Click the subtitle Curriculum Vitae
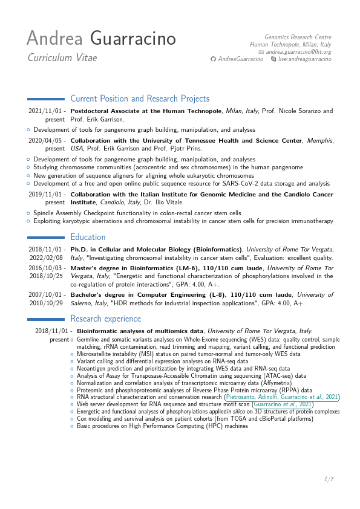(x=62, y=58)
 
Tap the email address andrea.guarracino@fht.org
(x=299, y=52)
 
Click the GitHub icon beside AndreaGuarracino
(x=212, y=59)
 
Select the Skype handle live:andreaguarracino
(x=305, y=59)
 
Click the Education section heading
(x=88, y=237)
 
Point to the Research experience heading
(x=105, y=319)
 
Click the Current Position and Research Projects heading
(x=140, y=99)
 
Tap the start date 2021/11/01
(x=47, y=111)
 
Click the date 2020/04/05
(x=47, y=140)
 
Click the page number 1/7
(x=329, y=479)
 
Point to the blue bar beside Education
(x=47, y=237)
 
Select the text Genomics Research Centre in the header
(x=298, y=37)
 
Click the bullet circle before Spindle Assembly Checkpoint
(x=28, y=213)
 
